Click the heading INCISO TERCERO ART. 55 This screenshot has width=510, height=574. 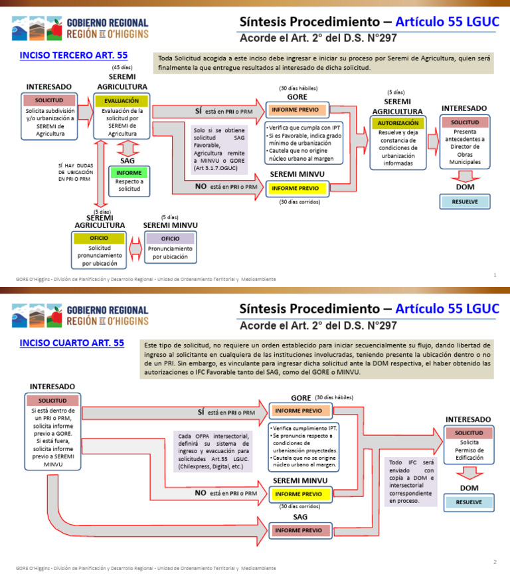(x=73, y=55)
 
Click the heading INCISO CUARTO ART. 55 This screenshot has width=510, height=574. (x=72, y=343)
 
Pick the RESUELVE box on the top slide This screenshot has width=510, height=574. (x=465, y=201)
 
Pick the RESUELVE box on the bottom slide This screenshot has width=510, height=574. (x=469, y=502)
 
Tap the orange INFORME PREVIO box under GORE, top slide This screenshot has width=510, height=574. (x=296, y=110)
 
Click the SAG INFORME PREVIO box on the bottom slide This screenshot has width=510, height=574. (x=298, y=530)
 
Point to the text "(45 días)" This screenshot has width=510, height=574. (x=122, y=68)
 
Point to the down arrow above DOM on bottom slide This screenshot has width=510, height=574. (x=469, y=472)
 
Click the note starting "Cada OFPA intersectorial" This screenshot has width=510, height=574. (x=214, y=451)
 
